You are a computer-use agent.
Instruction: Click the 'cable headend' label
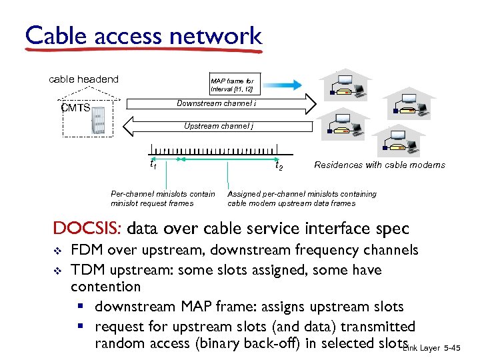pos(83,79)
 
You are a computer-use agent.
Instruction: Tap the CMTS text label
pos(75,108)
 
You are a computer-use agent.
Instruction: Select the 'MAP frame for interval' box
pos(232,85)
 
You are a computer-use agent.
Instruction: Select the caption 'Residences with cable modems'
pos(379,165)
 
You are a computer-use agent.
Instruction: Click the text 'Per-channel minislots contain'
pos(163,194)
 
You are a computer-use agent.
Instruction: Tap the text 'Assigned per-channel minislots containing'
pos(301,194)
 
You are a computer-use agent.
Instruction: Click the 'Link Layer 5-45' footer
pos(440,348)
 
